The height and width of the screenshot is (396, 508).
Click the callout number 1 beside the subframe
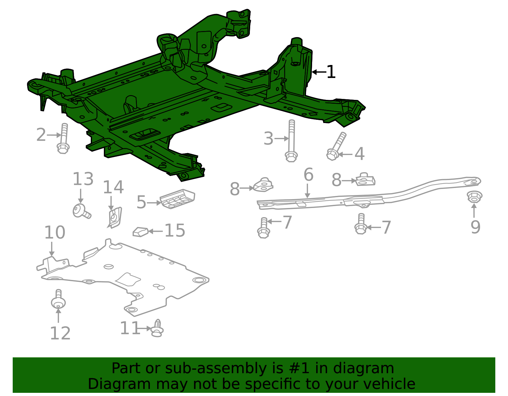pyautogui.click(x=331, y=72)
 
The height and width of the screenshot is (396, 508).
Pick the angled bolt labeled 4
pyautogui.click(x=336, y=147)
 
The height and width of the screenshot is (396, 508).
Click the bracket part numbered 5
pyautogui.click(x=177, y=199)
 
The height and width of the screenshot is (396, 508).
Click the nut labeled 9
pyautogui.click(x=475, y=197)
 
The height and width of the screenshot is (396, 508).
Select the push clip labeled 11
pyautogui.click(x=157, y=328)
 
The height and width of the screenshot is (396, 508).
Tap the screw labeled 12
pyautogui.click(x=58, y=300)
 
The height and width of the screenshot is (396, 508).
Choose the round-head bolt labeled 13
pyautogui.click(x=81, y=211)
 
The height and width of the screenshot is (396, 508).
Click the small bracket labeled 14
pyautogui.click(x=114, y=218)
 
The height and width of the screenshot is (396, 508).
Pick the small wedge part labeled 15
pyautogui.click(x=140, y=232)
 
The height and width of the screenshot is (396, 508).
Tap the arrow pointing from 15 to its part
pyautogui.click(x=156, y=231)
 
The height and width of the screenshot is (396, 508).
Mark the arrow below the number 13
pyautogui.click(x=81, y=196)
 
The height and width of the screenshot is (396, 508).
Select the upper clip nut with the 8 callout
pyautogui.click(x=365, y=180)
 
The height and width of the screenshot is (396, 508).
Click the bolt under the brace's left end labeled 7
pyautogui.click(x=264, y=228)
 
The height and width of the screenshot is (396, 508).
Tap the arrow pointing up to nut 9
pyautogui.click(x=474, y=211)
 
